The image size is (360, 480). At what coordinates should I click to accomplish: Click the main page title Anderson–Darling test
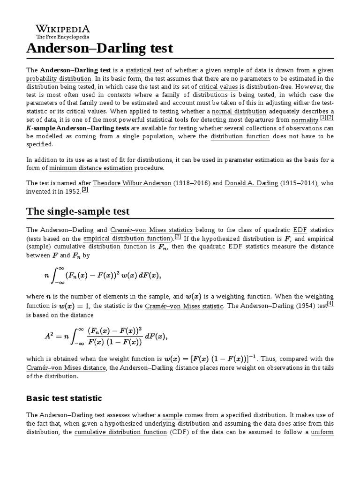(x=99, y=48)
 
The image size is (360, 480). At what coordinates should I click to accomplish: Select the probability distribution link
(x=59, y=78)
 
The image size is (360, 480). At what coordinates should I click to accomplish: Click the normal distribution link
(x=239, y=112)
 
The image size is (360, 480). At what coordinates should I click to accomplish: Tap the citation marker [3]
(x=85, y=189)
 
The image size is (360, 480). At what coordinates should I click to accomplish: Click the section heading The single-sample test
(x=78, y=211)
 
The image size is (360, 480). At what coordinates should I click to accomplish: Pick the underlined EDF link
(x=300, y=230)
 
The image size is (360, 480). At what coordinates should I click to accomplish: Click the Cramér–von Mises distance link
(x=66, y=368)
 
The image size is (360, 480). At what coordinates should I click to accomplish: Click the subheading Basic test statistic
(x=64, y=398)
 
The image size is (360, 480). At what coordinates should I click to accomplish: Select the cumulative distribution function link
(x=120, y=432)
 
